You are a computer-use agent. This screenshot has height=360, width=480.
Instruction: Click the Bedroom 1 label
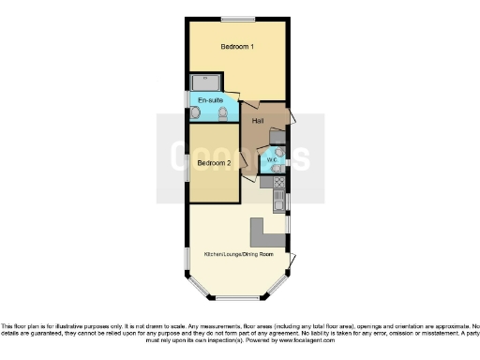(x=238, y=46)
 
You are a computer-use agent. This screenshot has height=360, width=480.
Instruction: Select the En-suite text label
(x=209, y=98)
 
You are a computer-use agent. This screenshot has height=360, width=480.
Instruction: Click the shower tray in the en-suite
(x=205, y=82)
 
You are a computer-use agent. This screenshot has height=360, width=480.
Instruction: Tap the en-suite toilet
(x=222, y=113)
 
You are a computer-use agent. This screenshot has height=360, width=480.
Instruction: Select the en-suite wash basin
(x=196, y=112)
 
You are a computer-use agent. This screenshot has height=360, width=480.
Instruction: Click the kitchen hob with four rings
(x=279, y=182)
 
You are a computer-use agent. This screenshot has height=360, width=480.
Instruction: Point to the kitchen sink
(x=279, y=200)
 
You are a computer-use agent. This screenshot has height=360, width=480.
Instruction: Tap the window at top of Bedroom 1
(x=238, y=17)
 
